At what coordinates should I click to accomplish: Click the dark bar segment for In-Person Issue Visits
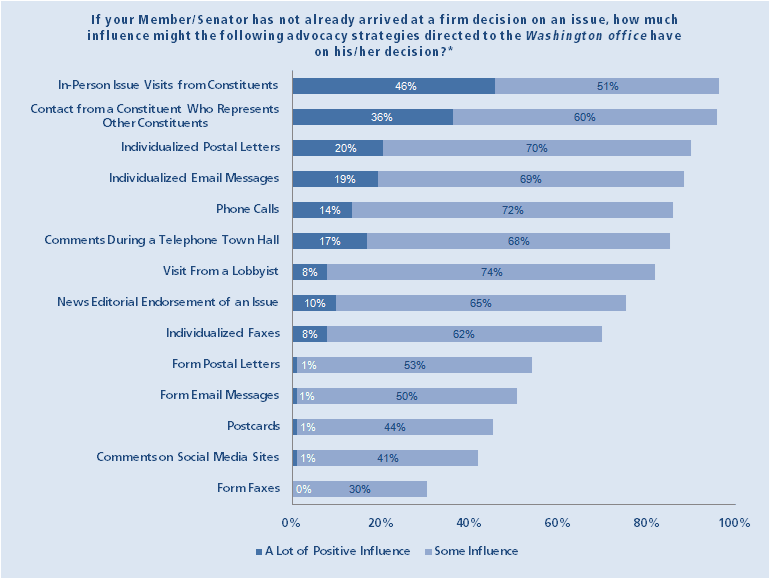[x=393, y=86]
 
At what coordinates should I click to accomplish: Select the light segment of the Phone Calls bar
[x=512, y=210]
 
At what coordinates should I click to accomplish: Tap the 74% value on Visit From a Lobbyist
[x=490, y=272]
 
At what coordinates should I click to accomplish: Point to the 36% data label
[x=381, y=117]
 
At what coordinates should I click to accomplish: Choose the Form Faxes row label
[x=248, y=488]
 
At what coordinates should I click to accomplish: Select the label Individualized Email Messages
[x=194, y=178]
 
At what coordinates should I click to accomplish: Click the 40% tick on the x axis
[x=469, y=523]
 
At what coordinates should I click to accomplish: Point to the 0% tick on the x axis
[x=291, y=523]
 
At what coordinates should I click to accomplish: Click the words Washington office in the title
[x=565, y=36]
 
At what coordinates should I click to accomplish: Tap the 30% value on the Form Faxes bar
[x=360, y=489]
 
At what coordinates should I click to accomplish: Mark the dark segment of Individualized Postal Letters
[x=337, y=148]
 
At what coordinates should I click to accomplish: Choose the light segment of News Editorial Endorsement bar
[x=480, y=303]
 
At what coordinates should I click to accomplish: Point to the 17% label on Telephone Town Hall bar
[x=330, y=241]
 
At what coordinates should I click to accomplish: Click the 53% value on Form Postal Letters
[x=414, y=365]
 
